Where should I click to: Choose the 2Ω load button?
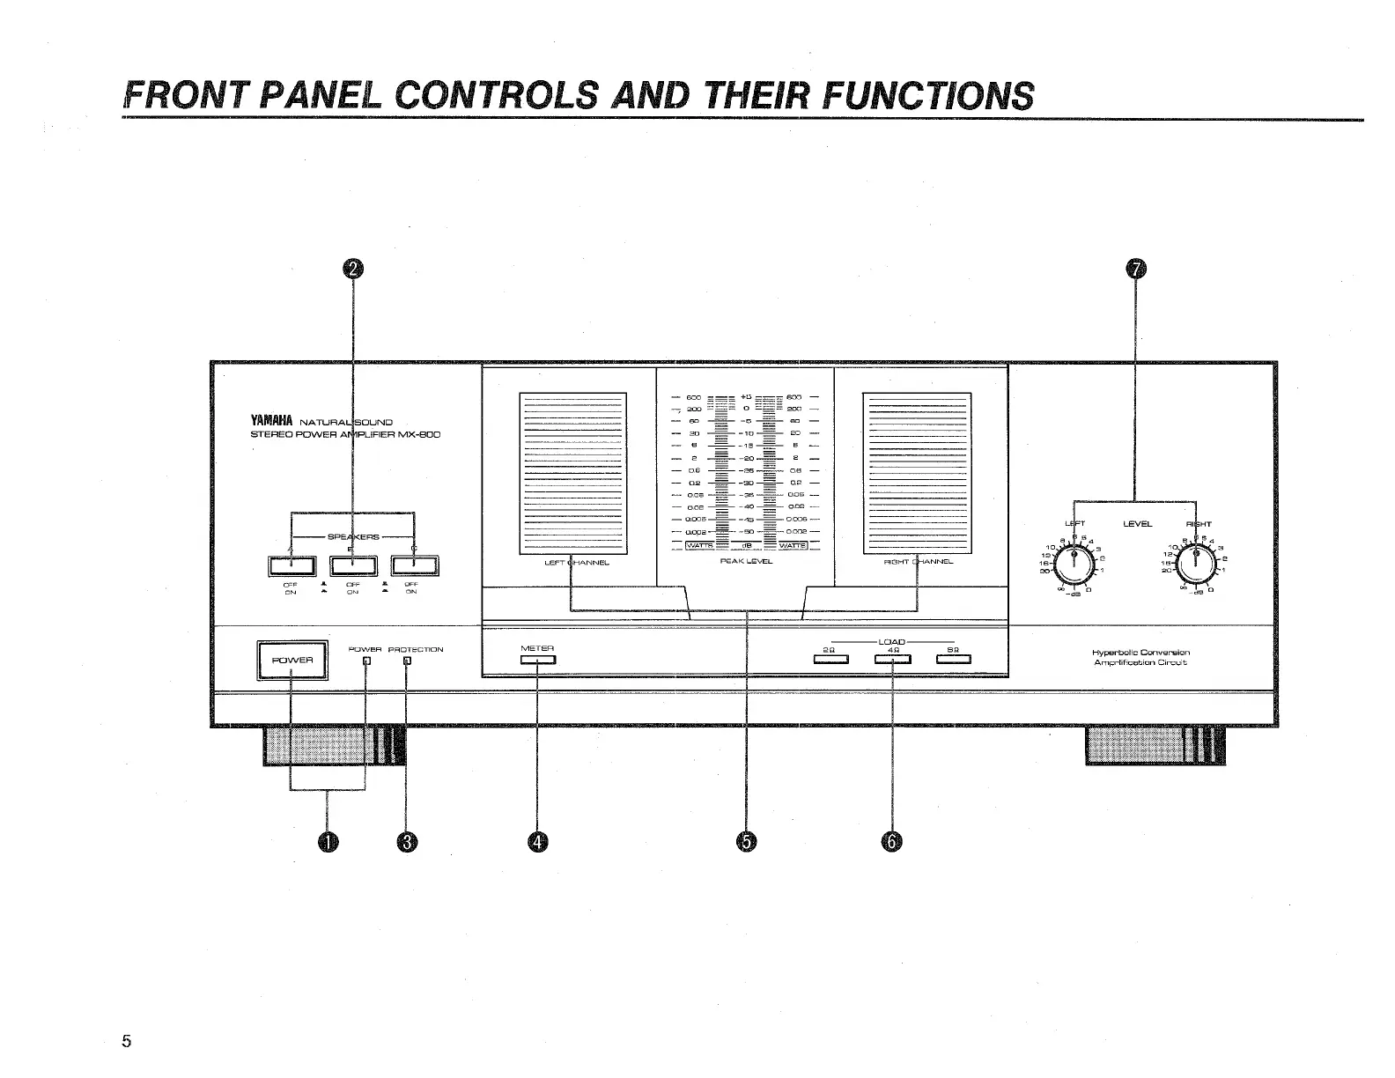830,661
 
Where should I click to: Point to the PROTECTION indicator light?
406,662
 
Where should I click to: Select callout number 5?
746,843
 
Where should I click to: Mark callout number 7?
1136,270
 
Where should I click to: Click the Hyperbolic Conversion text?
1140,653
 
